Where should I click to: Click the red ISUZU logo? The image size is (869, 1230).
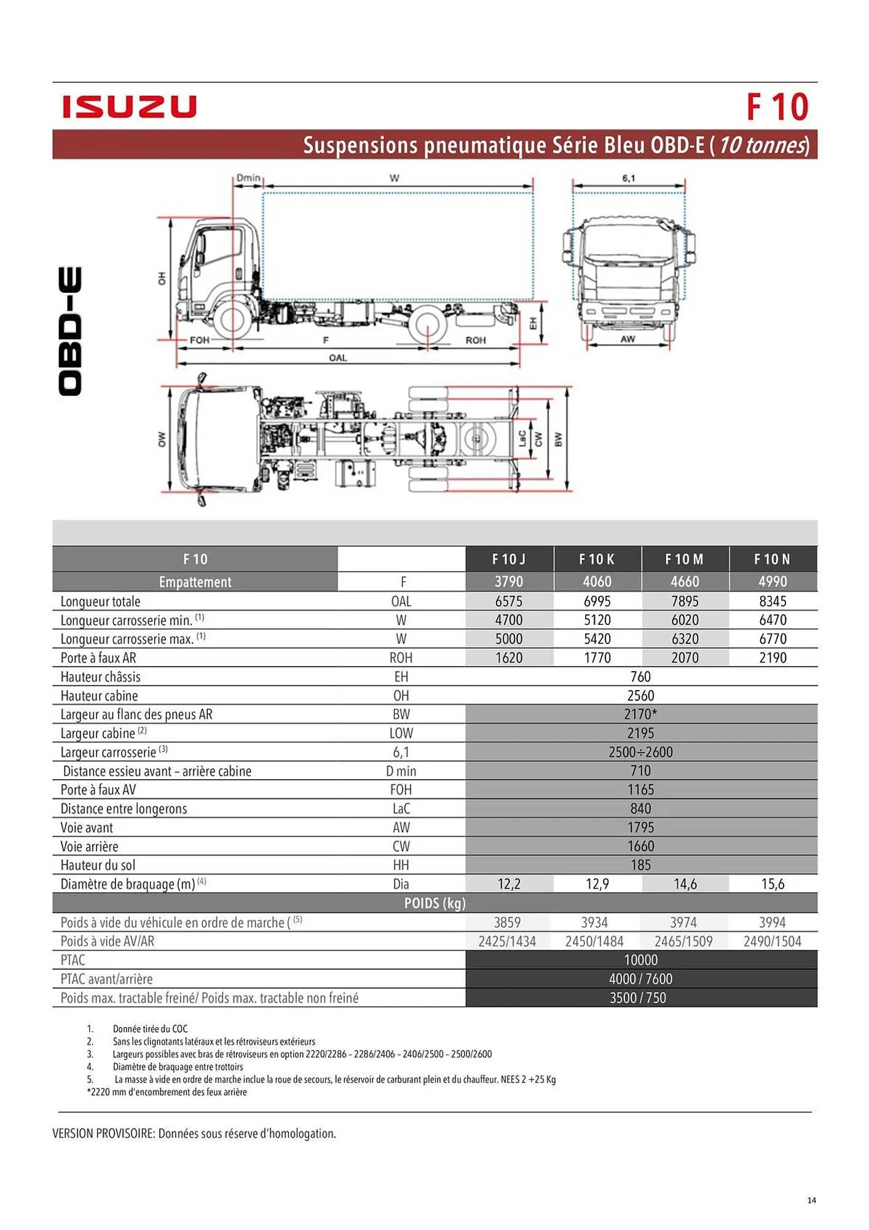click(x=129, y=107)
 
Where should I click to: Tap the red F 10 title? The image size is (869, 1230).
click(x=777, y=107)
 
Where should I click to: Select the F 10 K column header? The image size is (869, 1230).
click(x=597, y=559)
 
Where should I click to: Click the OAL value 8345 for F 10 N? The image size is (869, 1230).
click(x=773, y=601)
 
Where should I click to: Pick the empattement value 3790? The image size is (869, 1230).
click(x=509, y=581)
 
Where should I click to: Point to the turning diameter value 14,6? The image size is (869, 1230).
click(x=685, y=884)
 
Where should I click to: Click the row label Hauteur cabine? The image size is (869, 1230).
click(x=99, y=696)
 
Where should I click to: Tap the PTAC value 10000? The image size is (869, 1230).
click(x=640, y=959)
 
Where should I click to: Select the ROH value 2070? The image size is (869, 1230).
click(x=685, y=657)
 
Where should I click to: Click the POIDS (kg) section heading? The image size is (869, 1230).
click(x=434, y=903)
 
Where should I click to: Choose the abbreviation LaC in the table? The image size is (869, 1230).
click(x=401, y=809)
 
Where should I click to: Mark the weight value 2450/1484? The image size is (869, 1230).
click(x=594, y=941)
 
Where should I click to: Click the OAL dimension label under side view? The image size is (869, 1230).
click(x=338, y=358)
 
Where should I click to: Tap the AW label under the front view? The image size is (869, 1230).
click(x=627, y=339)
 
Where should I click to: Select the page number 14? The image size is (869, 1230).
click(x=811, y=1200)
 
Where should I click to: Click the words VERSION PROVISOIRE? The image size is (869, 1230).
click(x=103, y=1133)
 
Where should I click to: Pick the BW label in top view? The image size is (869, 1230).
click(x=558, y=440)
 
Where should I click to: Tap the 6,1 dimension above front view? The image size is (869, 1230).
click(x=628, y=178)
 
